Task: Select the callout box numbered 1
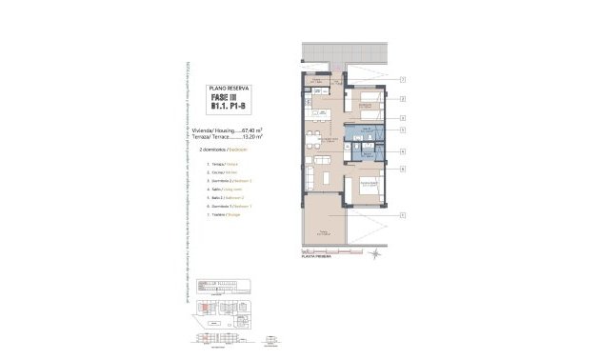click(x=403, y=215)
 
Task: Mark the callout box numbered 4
click(x=403, y=150)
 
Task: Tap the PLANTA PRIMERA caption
click(x=317, y=257)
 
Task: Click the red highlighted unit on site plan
click(x=203, y=308)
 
